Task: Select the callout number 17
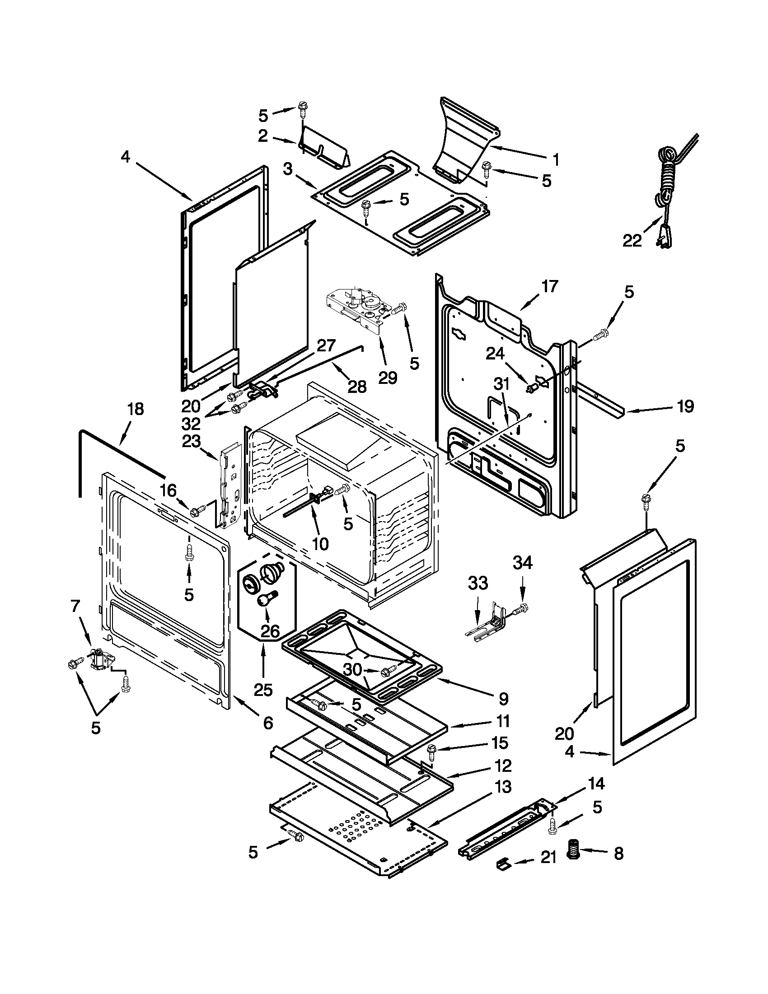click(x=549, y=286)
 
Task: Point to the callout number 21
click(x=548, y=858)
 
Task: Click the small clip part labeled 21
click(x=502, y=862)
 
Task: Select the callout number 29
click(x=388, y=377)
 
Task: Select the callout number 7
click(x=75, y=606)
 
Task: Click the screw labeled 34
click(x=522, y=607)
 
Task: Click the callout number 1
click(x=556, y=160)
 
